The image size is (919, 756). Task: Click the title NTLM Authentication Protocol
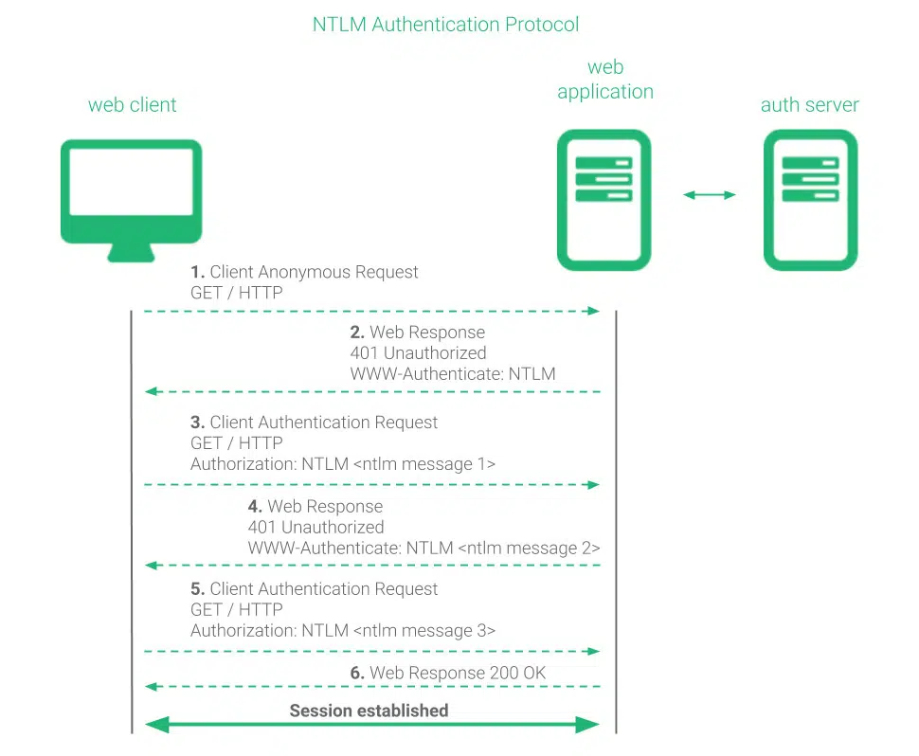(x=445, y=25)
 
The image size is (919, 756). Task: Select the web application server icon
(x=604, y=199)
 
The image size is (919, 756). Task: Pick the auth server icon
(x=810, y=199)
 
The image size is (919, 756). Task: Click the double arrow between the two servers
(x=710, y=195)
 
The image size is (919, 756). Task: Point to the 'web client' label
(x=132, y=105)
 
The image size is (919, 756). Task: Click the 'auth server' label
(x=810, y=105)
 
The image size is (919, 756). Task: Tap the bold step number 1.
(x=198, y=273)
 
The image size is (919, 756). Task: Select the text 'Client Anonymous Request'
(x=314, y=273)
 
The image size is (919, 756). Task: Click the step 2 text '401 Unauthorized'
(x=418, y=353)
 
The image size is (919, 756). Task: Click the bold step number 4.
(x=255, y=507)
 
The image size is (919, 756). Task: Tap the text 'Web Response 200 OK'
(x=458, y=674)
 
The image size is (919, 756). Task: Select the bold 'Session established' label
(x=369, y=711)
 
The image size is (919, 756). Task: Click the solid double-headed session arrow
(x=371, y=726)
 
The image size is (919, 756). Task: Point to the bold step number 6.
(x=357, y=674)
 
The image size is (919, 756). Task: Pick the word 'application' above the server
(x=605, y=92)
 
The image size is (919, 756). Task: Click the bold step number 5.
(x=198, y=589)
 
